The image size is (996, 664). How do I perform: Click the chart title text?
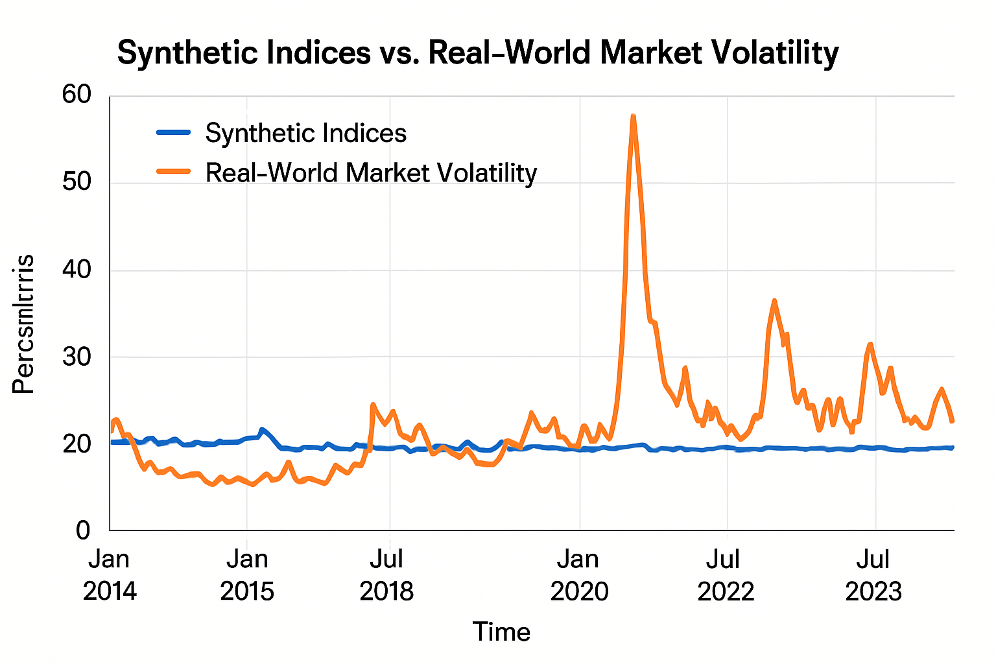click(x=477, y=53)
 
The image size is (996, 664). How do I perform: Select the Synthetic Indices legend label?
click(x=305, y=134)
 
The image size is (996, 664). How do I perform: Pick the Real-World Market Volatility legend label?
click(x=371, y=173)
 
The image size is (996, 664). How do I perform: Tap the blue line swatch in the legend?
click(x=174, y=132)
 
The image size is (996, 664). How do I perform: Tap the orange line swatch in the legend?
click(x=174, y=172)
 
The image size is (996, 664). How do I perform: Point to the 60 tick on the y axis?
click(x=77, y=95)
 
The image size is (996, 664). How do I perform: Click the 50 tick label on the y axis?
click(x=77, y=182)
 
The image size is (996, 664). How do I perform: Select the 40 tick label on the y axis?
click(x=77, y=269)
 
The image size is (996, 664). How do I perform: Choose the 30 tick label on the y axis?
click(x=77, y=357)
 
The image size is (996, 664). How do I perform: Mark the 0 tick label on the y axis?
click(x=83, y=530)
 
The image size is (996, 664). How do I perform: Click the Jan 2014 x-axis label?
click(x=110, y=575)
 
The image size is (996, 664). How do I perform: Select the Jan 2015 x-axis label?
click(x=247, y=575)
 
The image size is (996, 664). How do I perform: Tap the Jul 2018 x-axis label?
click(x=387, y=575)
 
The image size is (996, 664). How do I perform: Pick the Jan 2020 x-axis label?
click(x=579, y=575)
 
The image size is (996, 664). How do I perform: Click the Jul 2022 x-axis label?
click(x=726, y=575)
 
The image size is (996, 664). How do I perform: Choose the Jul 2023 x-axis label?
click(x=873, y=575)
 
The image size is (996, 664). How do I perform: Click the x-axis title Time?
click(x=501, y=632)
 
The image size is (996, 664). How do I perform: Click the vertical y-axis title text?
click(x=24, y=324)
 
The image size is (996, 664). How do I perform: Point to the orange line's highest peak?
click(x=633, y=117)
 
